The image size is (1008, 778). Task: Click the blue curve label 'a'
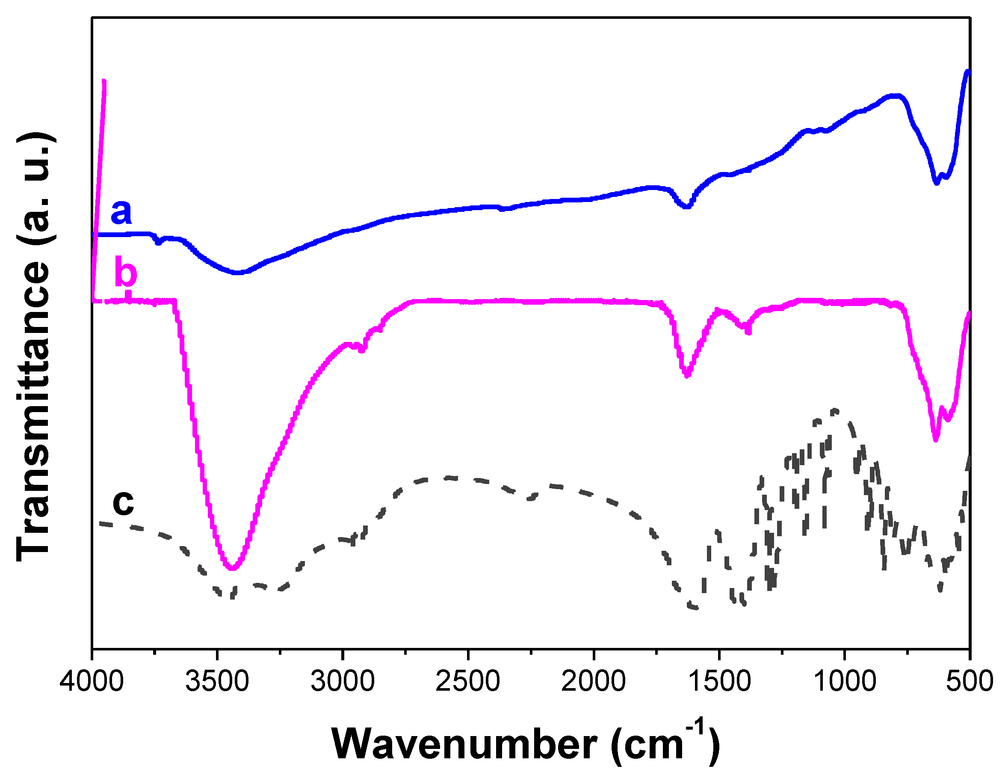[x=121, y=212]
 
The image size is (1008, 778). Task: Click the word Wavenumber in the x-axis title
[x=464, y=744]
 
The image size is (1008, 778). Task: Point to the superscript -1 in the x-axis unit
[x=695, y=726]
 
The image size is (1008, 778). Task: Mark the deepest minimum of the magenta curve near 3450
[x=232, y=568]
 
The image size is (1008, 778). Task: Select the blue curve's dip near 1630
[x=686, y=206]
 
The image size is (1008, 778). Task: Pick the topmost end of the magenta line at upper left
[x=104, y=82]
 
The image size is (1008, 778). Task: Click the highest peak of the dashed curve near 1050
[x=835, y=410]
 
